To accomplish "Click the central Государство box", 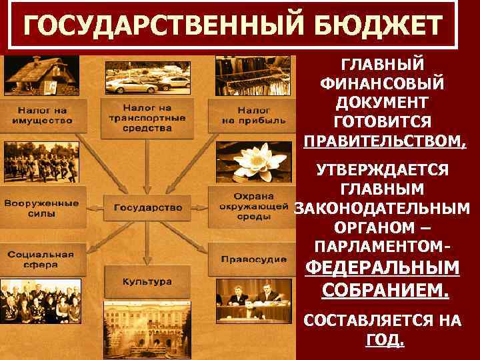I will click(x=148, y=207).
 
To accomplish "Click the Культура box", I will click(x=147, y=281).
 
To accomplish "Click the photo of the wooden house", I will click(x=40, y=76).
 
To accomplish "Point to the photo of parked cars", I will click(x=147, y=75).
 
